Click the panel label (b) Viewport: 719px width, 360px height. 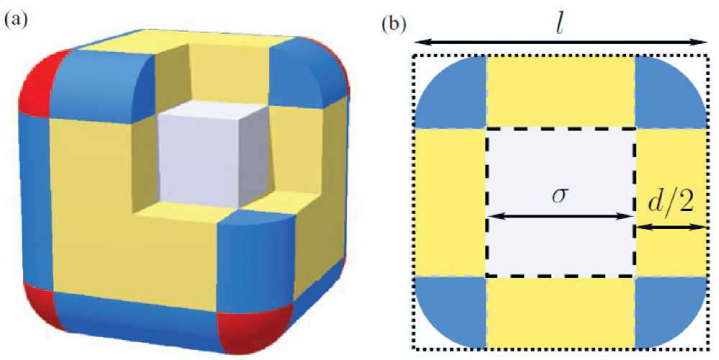coord(394,24)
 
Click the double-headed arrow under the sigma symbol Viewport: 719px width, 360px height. coord(561,217)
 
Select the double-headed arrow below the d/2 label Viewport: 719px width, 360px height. coord(670,228)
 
